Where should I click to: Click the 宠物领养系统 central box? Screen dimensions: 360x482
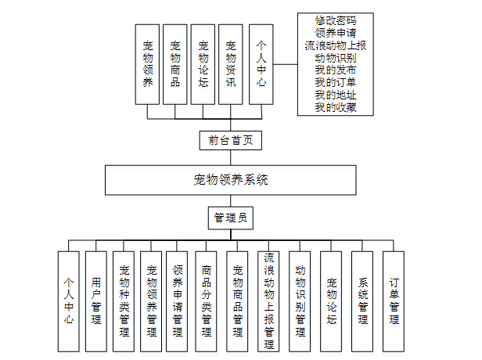pos(231,179)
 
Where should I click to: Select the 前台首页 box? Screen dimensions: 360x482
pos(230,140)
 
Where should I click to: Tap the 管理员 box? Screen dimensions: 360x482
pos(230,218)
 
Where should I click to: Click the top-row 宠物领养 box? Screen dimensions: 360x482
pos(149,64)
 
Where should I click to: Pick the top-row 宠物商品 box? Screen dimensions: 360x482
pos(175,64)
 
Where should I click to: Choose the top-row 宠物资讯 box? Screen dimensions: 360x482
pos(230,64)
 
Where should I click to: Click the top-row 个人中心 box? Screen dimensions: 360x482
pos(261,64)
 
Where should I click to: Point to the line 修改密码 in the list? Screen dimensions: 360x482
pos(336,20)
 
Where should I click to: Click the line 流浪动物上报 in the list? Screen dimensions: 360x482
pos(336,45)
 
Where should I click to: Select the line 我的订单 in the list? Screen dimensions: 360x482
pos(336,82)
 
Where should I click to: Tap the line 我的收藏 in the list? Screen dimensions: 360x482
pos(336,107)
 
